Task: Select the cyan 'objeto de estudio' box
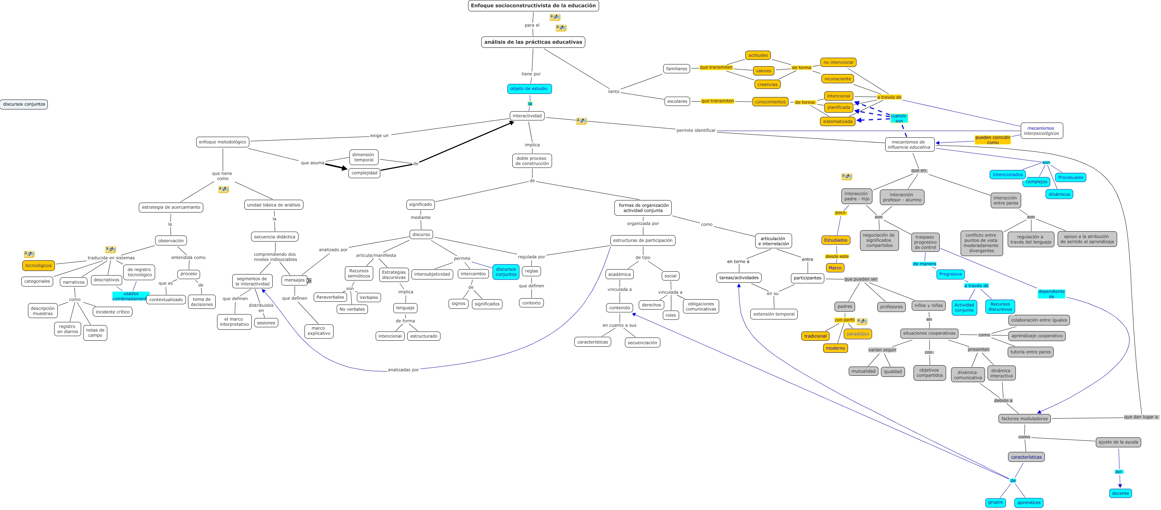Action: tap(529, 89)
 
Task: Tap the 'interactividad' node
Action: tap(527, 116)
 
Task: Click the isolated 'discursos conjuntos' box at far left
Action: tap(24, 104)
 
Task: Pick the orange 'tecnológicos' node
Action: tap(38, 266)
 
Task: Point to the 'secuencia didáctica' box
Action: tap(274, 237)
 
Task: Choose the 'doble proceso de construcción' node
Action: tap(532, 161)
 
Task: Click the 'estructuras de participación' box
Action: tap(643, 240)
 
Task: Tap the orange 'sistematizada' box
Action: tap(837, 121)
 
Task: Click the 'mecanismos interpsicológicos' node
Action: tap(1042, 131)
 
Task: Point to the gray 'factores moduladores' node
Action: tap(1024, 419)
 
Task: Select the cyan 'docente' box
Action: tap(1120, 493)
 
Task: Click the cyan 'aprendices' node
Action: tap(1029, 502)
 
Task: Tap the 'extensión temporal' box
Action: tap(774, 314)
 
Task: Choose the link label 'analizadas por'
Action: tap(403, 370)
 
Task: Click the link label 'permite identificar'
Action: tap(696, 130)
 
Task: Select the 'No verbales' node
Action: tap(352, 309)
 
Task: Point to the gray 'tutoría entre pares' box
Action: tap(1030, 352)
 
